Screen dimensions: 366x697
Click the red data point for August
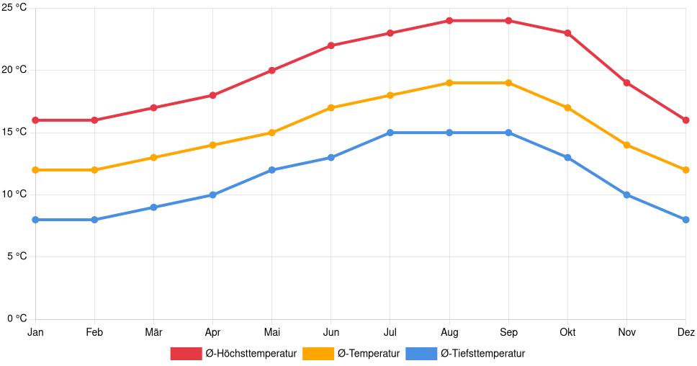[449, 21]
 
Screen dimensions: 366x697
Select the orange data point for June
[331, 108]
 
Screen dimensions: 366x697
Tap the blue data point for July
[390, 133]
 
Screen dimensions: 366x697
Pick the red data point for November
[627, 83]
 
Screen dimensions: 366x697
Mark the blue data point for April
[212, 195]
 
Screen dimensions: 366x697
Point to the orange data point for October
[567, 108]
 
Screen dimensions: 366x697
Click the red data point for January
[35, 120]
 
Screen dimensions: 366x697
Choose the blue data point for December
[685, 220]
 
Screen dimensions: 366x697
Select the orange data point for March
[153, 158]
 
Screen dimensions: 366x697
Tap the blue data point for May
[271, 170]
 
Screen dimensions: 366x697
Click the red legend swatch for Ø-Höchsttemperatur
[186, 354]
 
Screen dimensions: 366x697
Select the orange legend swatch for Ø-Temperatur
[318, 354]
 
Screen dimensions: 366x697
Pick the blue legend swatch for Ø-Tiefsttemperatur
[421, 354]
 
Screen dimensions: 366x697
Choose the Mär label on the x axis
[153, 333]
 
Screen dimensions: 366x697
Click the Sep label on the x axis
[508, 333]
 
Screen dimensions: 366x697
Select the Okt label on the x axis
[567, 333]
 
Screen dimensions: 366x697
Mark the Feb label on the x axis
[94, 333]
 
